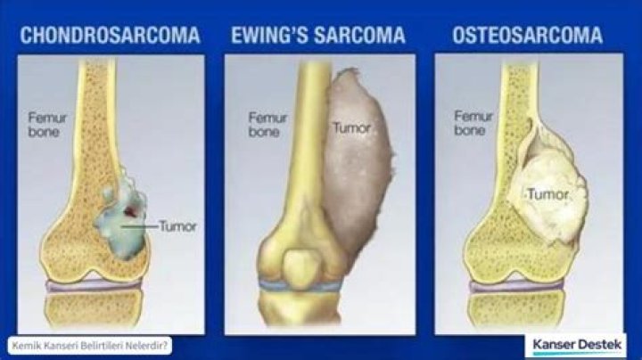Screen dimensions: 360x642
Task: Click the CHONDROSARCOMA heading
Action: pos(110,36)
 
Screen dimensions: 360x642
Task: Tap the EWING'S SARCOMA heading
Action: pos(318,36)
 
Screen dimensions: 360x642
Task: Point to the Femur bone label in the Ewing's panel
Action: pos(267,124)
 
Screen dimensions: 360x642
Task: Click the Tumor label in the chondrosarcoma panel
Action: pos(177,225)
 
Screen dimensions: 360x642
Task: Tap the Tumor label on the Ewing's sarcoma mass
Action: pos(351,127)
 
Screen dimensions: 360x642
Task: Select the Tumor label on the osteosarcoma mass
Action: pos(547,193)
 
